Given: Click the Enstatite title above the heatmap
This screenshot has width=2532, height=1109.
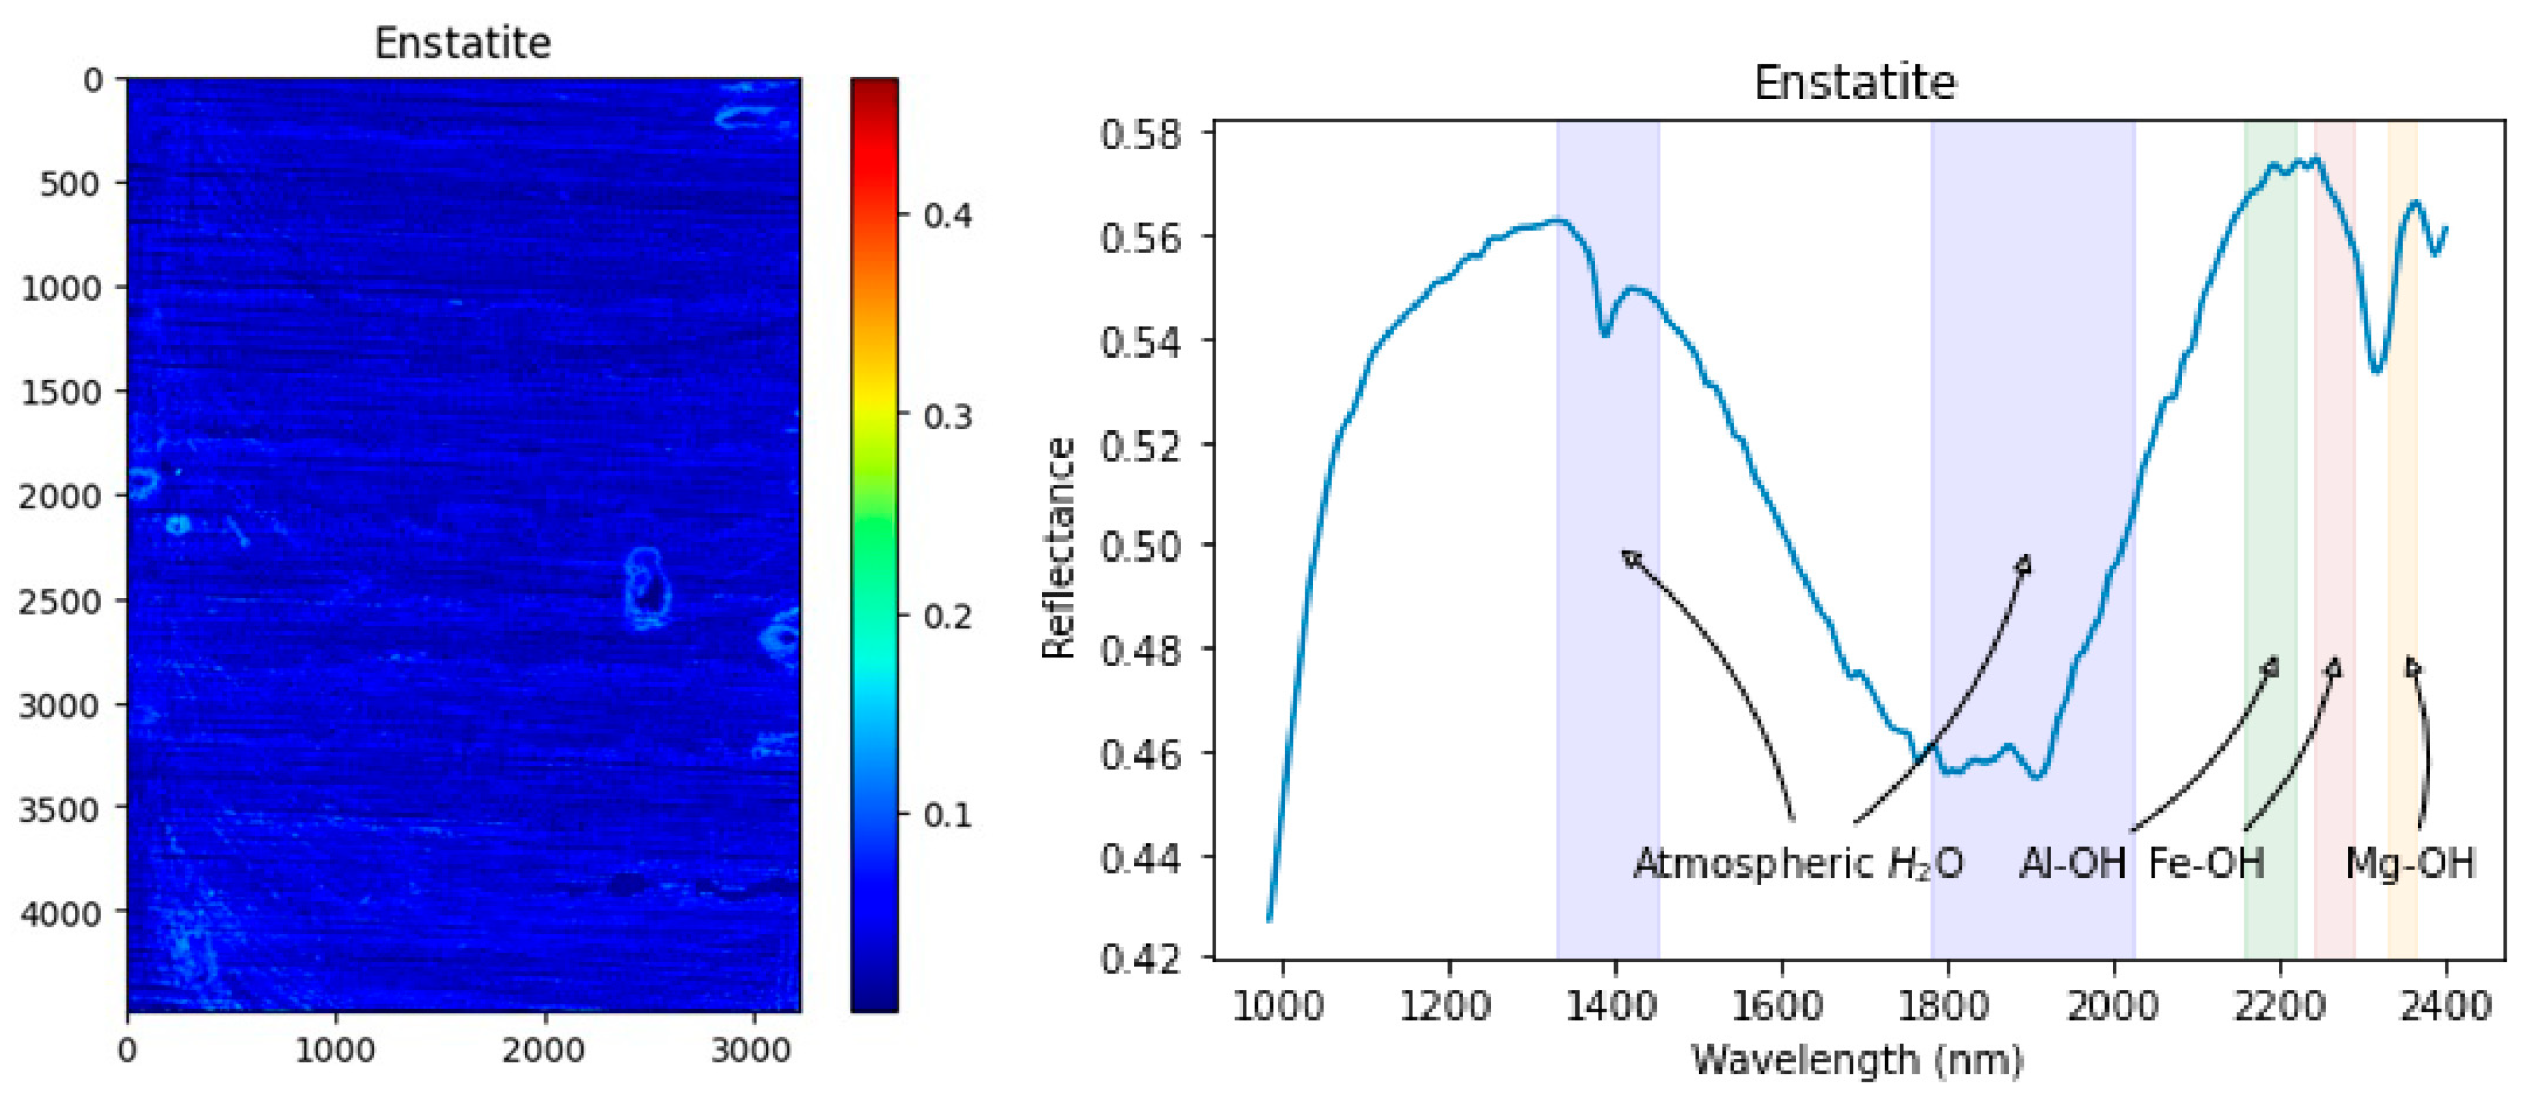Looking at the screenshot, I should point(462,43).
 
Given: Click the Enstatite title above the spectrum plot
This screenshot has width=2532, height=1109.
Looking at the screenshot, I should point(1855,83).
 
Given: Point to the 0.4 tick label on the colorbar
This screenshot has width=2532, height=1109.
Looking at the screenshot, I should point(947,215).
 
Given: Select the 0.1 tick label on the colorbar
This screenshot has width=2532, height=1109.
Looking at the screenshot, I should point(947,815).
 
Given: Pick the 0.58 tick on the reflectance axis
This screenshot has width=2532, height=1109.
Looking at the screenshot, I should point(1140,133).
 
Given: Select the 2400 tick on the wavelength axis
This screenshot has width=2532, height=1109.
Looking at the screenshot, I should point(2445,1007).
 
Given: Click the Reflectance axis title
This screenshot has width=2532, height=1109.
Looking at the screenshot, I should point(1059,547).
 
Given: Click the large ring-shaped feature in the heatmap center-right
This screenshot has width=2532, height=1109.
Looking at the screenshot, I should point(646,587).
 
